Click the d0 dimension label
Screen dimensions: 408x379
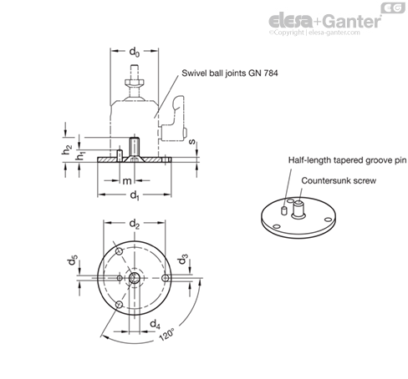[135, 52]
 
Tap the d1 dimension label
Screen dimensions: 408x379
[135, 195]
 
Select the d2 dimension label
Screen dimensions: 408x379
[135, 224]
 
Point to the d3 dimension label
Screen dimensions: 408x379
[183, 259]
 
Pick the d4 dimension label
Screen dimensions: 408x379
[155, 325]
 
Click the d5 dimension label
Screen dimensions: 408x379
[72, 260]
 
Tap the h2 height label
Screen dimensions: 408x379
[67, 149]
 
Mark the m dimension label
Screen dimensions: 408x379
[127, 181]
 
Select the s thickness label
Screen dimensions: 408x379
[192, 142]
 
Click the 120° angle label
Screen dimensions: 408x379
[167, 334]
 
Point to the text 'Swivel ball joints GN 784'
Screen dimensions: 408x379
[230, 73]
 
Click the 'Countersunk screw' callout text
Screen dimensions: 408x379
[339, 180]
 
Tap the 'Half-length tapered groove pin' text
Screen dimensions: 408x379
[347, 160]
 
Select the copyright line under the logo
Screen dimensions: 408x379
[314, 33]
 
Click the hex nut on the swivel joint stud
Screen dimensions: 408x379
[135, 83]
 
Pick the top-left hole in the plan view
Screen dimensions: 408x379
[120, 252]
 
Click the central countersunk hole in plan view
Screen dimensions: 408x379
[135, 278]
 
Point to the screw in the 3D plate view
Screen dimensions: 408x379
[298, 210]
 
